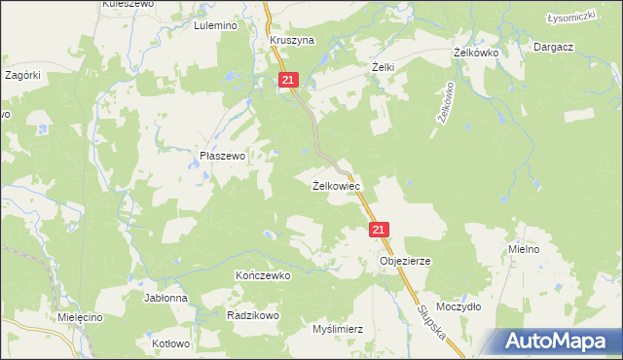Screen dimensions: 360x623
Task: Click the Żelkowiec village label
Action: pyautogui.click(x=337, y=186)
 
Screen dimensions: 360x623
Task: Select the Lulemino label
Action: pyautogui.click(x=216, y=26)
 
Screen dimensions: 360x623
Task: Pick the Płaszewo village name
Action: pyautogui.click(x=222, y=156)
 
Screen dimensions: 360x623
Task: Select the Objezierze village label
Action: pyautogui.click(x=405, y=262)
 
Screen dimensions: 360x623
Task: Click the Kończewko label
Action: pyautogui.click(x=263, y=275)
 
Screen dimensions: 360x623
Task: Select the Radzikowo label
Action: pyautogui.click(x=253, y=315)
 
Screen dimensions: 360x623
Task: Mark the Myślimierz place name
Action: pyautogui.click(x=338, y=329)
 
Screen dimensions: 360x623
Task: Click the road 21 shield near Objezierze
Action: pyautogui.click(x=380, y=230)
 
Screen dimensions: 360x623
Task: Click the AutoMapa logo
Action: pyautogui.click(x=561, y=342)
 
